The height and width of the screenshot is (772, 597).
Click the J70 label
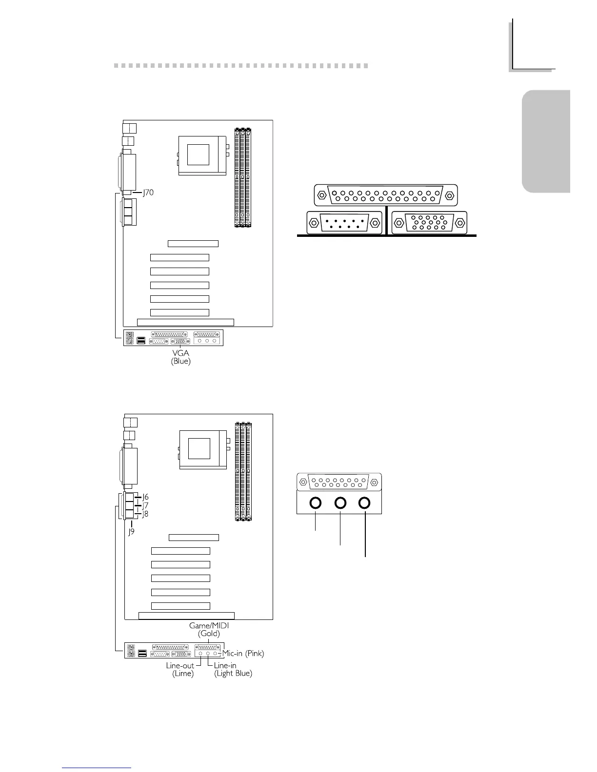click(x=148, y=193)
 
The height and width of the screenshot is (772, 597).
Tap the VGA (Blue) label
click(x=180, y=357)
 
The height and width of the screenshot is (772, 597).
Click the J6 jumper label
click(x=145, y=497)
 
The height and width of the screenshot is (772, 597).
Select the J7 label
click(x=145, y=506)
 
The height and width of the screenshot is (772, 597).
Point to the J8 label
click(x=145, y=514)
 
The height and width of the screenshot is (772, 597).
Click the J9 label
click(x=132, y=532)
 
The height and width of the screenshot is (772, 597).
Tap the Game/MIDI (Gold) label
click(x=209, y=629)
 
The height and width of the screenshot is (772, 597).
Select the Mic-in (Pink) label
click(x=243, y=654)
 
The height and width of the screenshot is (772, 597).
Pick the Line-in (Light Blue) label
click(x=233, y=669)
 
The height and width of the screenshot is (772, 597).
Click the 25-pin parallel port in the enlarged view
click(x=385, y=195)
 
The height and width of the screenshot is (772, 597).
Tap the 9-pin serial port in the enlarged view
click(x=344, y=223)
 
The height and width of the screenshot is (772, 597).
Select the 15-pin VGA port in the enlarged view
click(x=429, y=223)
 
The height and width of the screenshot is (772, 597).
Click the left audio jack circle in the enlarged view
click(x=316, y=503)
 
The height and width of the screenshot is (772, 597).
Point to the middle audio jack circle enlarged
click(x=340, y=503)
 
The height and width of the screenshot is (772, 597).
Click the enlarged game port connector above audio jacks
click(x=339, y=482)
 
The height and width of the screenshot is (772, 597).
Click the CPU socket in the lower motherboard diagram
click(x=203, y=448)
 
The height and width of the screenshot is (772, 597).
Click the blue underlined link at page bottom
click(x=97, y=768)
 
